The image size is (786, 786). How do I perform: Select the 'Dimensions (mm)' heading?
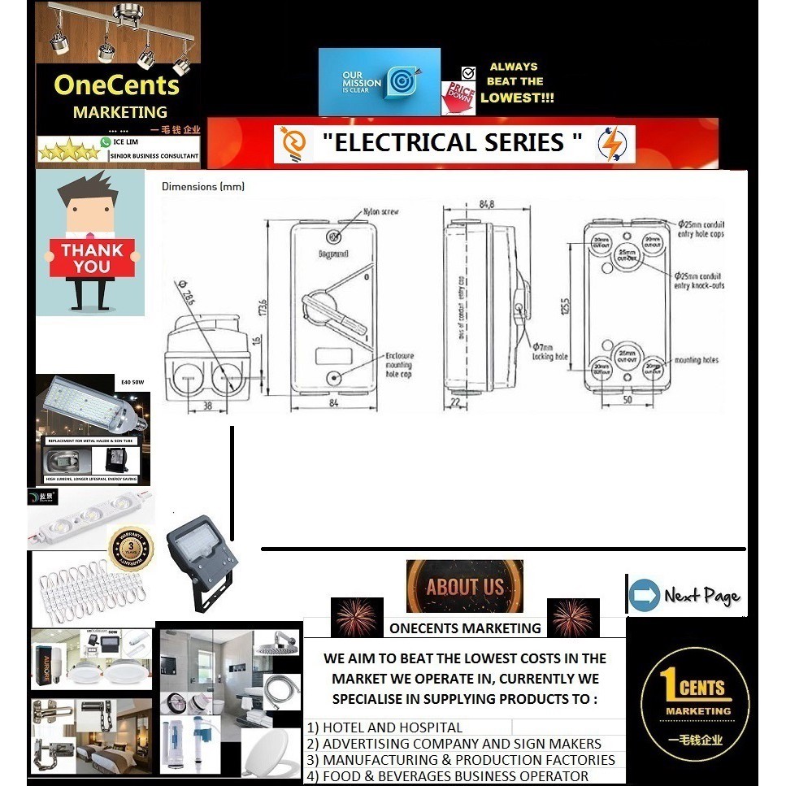[x=203, y=186]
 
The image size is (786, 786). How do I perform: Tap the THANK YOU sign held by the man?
[x=92, y=258]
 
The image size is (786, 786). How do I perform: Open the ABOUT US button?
[x=464, y=586]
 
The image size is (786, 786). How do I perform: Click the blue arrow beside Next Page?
[x=644, y=594]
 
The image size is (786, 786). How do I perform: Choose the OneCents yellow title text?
[x=116, y=85]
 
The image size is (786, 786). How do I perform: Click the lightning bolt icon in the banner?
[x=610, y=143]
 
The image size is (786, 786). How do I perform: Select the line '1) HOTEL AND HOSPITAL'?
[x=384, y=727]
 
